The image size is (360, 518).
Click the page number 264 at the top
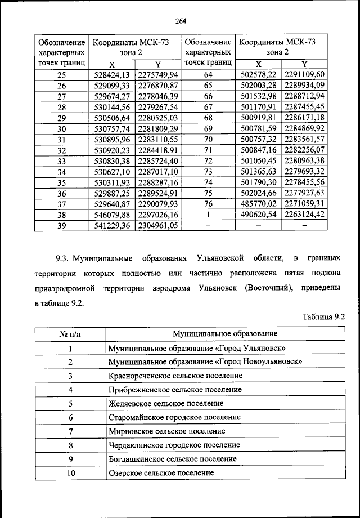(180, 21)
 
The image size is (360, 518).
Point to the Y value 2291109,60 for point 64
(305, 74)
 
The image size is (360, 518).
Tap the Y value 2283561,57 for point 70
(305, 139)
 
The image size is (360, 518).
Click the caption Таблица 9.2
(322, 317)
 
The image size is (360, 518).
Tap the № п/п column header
(70, 334)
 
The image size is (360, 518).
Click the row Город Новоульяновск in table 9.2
(206, 361)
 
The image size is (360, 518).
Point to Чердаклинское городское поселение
(174, 445)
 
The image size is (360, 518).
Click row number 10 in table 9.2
(70, 474)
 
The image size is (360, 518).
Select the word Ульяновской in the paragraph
(220, 258)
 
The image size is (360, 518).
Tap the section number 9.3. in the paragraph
(61, 258)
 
